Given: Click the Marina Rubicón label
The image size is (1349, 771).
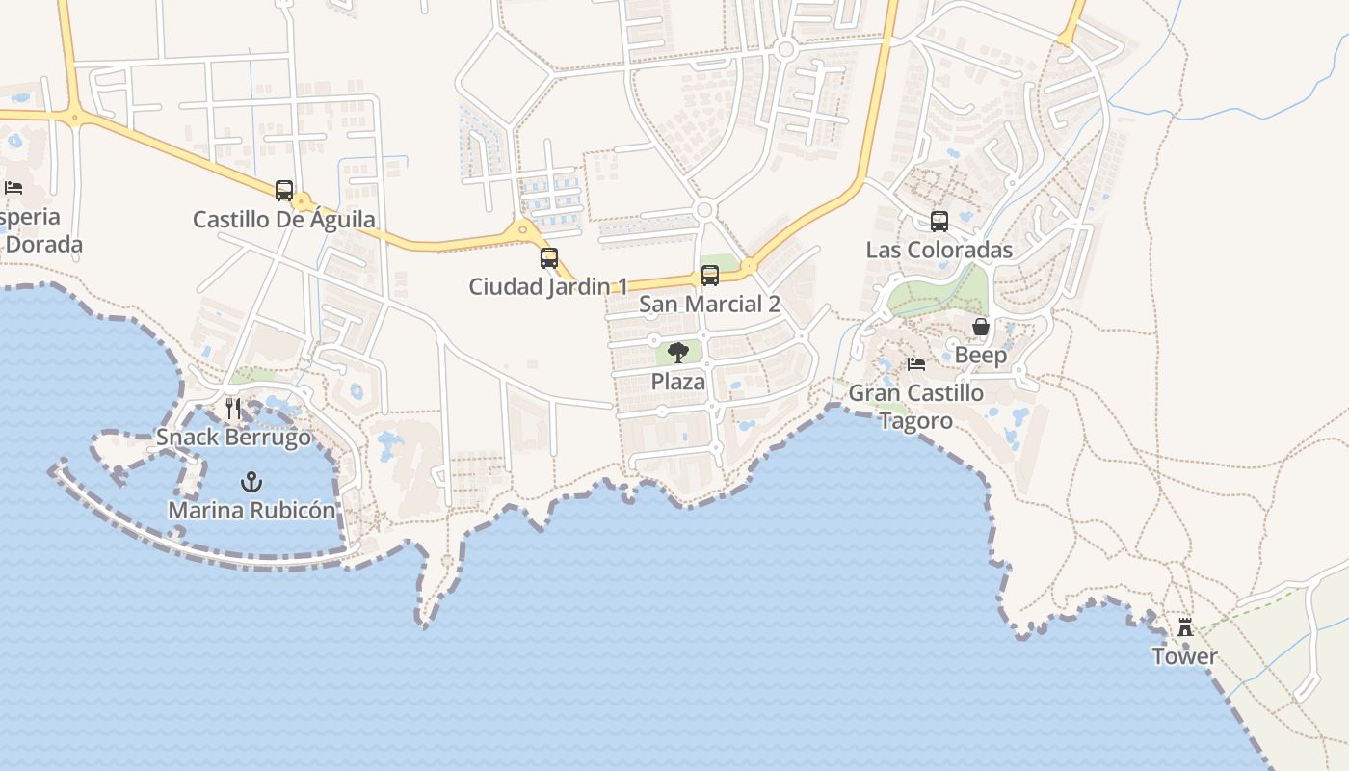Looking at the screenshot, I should (x=252, y=510).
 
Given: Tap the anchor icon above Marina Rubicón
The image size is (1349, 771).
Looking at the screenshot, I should (x=251, y=481).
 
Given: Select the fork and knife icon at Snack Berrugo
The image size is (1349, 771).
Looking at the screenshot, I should (x=233, y=408).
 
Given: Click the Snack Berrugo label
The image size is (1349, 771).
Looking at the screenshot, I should (x=234, y=437).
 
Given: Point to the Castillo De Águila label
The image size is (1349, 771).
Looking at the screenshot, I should (x=284, y=219).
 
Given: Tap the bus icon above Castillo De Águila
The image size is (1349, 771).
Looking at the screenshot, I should (x=283, y=190).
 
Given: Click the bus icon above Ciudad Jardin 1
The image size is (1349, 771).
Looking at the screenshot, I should (x=548, y=258).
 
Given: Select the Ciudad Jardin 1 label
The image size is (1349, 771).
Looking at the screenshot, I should (x=548, y=286).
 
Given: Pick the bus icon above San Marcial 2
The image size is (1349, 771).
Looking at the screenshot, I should (x=710, y=276).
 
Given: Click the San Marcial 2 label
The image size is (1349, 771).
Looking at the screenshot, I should (x=710, y=305).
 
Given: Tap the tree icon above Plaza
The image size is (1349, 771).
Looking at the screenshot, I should (x=678, y=353).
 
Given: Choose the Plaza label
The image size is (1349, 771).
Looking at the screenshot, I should (x=678, y=382).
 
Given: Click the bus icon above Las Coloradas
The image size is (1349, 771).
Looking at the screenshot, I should (x=939, y=222).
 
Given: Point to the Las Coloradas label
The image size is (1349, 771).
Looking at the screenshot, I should (x=939, y=251).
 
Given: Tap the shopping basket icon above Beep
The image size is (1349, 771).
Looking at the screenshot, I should (x=981, y=327).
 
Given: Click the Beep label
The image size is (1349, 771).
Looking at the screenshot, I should (x=981, y=355).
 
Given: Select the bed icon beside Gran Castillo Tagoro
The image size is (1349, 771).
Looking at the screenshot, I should (x=916, y=364).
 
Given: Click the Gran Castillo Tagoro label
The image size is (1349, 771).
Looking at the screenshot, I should (x=916, y=407).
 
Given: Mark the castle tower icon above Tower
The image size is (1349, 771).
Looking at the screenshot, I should (x=1185, y=627).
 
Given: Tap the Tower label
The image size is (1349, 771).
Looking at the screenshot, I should (x=1185, y=656).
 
